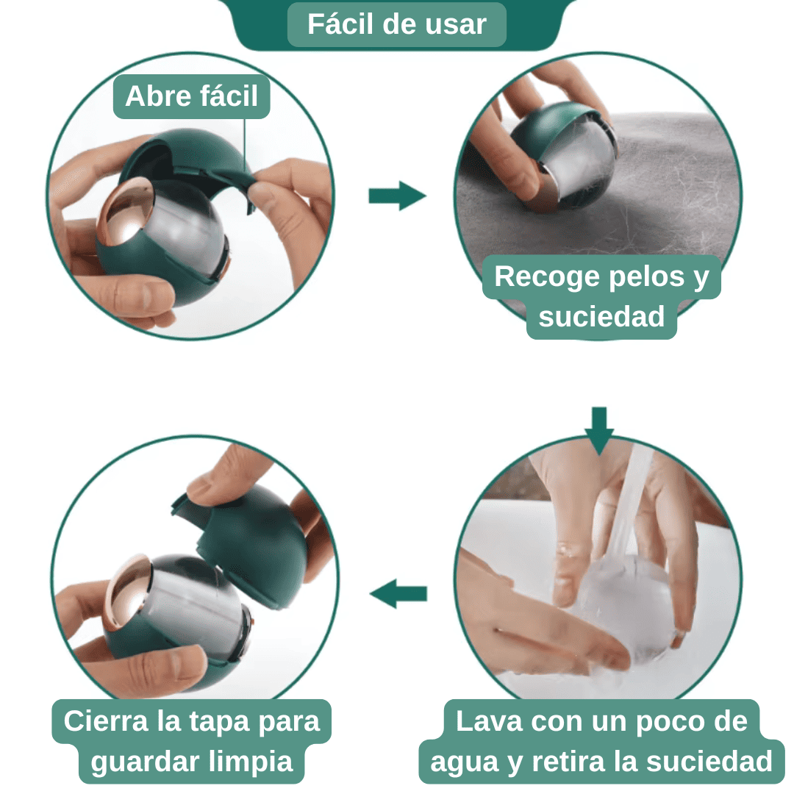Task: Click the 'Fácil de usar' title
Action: click(x=397, y=24)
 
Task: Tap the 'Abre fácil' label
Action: click(x=192, y=96)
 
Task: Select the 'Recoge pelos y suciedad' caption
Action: click(x=601, y=296)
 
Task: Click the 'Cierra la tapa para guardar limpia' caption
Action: click(x=192, y=741)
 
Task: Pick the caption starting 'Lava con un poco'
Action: click(x=601, y=741)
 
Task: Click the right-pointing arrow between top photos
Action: click(x=397, y=196)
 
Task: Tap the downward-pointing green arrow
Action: click(x=599, y=430)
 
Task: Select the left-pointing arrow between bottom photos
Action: click(x=398, y=593)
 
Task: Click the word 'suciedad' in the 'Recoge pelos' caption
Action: click(x=601, y=317)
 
